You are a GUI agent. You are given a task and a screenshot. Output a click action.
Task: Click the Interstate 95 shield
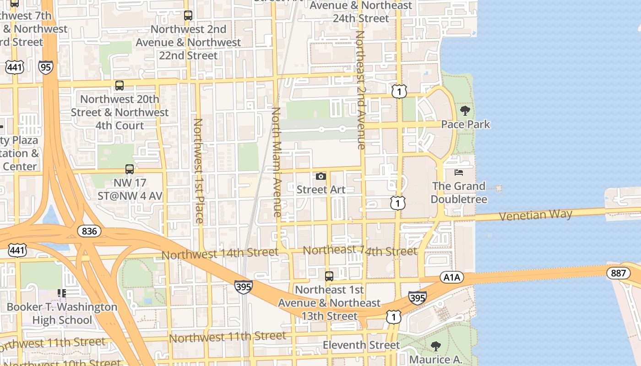pos(46,67)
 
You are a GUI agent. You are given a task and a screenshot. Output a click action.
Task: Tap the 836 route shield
pos(89,231)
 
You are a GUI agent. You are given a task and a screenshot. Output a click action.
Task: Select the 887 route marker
pos(618,273)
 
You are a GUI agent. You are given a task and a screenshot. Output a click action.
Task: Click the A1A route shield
pos(452,277)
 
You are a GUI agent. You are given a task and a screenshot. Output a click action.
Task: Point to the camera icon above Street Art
pos(321,176)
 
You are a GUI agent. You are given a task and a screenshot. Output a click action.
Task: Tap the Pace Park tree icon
pos(465,110)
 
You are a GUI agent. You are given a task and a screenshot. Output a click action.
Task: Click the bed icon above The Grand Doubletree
pos(459,172)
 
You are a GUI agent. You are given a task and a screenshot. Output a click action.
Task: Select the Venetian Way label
pos(536,215)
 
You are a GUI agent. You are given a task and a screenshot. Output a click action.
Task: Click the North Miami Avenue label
pos(277,162)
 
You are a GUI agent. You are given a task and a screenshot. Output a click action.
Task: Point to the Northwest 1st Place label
pos(198,171)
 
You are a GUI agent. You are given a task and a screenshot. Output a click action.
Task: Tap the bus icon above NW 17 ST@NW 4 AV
pos(130,169)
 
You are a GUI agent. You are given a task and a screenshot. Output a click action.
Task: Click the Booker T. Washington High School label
pos(62,313)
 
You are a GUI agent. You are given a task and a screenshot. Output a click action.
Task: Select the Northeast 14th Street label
pos(360,251)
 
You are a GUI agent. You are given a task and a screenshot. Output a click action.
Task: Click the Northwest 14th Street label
pos(220,253)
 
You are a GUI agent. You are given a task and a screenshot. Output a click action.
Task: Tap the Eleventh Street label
pos(361,344)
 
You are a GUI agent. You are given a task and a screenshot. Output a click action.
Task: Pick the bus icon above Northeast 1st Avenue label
pos(329,276)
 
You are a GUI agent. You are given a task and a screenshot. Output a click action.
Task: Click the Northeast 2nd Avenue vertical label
pos(360,90)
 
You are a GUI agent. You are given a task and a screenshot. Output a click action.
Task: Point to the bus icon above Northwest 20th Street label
pos(120,86)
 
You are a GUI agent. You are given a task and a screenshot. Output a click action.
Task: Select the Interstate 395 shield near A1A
pos(417,297)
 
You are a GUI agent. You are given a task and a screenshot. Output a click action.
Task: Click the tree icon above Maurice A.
pos(436,346)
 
